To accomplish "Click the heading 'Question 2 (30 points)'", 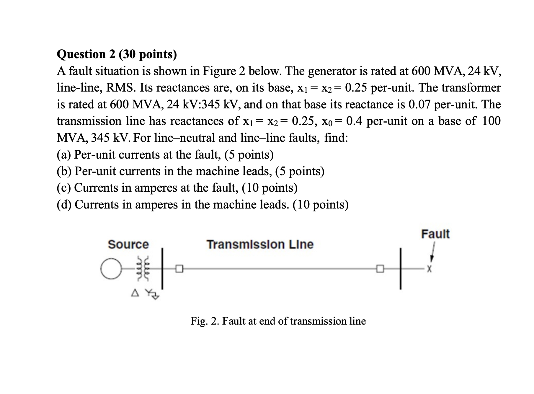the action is [x=117, y=54].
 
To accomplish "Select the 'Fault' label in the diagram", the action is [x=435, y=234].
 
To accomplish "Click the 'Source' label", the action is [x=128, y=244].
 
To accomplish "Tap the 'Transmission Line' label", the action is [x=260, y=244].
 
